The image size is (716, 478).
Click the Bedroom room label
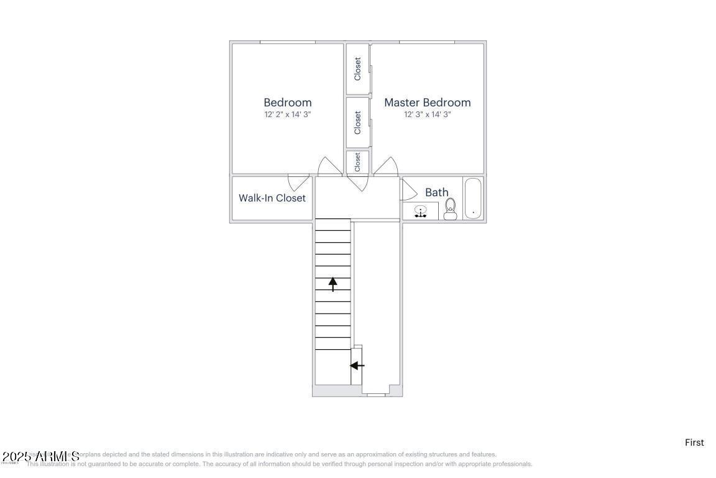click(x=287, y=103)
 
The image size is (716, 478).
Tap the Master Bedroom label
click(x=427, y=103)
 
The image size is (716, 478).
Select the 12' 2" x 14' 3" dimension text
click(x=287, y=115)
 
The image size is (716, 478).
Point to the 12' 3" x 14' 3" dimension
click(x=427, y=115)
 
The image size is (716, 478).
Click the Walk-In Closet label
click(x=272, y=198)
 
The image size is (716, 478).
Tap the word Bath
click(x=436, y=192)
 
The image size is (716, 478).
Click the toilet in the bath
click(x=451, y=209)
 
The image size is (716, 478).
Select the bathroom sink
click(x=421, y=212)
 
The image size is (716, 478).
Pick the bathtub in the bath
click(x=473, y=199)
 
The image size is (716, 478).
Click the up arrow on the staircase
click(x=333, y=284)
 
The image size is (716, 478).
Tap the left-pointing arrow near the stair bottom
click(x=357, y=365)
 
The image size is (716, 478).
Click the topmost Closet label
click(x=357, y=69)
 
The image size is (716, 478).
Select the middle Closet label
click(x=357, y=123)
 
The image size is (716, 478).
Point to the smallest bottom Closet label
click(x=357, y=162)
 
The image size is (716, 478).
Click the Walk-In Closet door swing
click(x=299, y=182)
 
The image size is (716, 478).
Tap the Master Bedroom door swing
click(x=386, y=166)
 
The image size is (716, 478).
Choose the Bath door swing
click(x=409, y=189)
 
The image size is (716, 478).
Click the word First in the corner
click(x=694, y=443)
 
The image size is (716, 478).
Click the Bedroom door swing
click(x=329, y=166)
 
